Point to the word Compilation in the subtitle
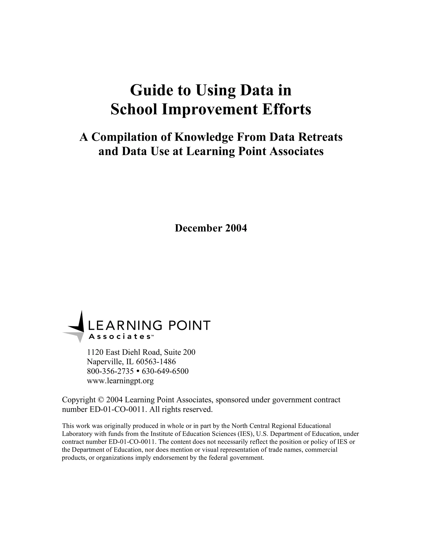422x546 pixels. click(x=131, y=137)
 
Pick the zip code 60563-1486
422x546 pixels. click(x=156, y=362)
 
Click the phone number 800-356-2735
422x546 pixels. click(x=110, y=371)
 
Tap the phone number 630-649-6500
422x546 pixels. click(x=165, y=371)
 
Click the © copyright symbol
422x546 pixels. click(x=101, y=400)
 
